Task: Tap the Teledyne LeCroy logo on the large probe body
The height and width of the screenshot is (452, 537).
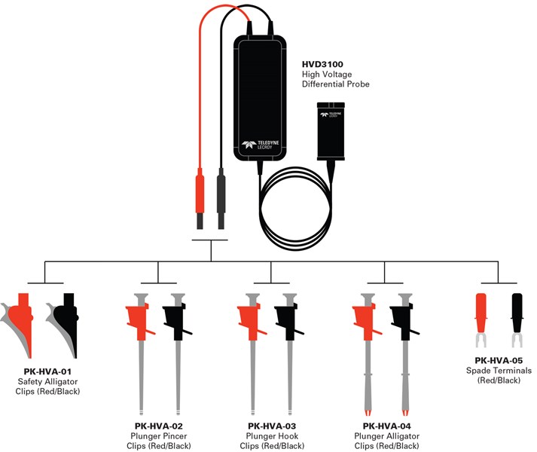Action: pos(260,145)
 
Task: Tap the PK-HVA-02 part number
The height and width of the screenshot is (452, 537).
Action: pos(157,426)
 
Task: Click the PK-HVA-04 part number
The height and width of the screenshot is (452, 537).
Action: pos(384,426)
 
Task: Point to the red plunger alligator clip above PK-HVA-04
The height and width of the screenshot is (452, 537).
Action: pos(366,320)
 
